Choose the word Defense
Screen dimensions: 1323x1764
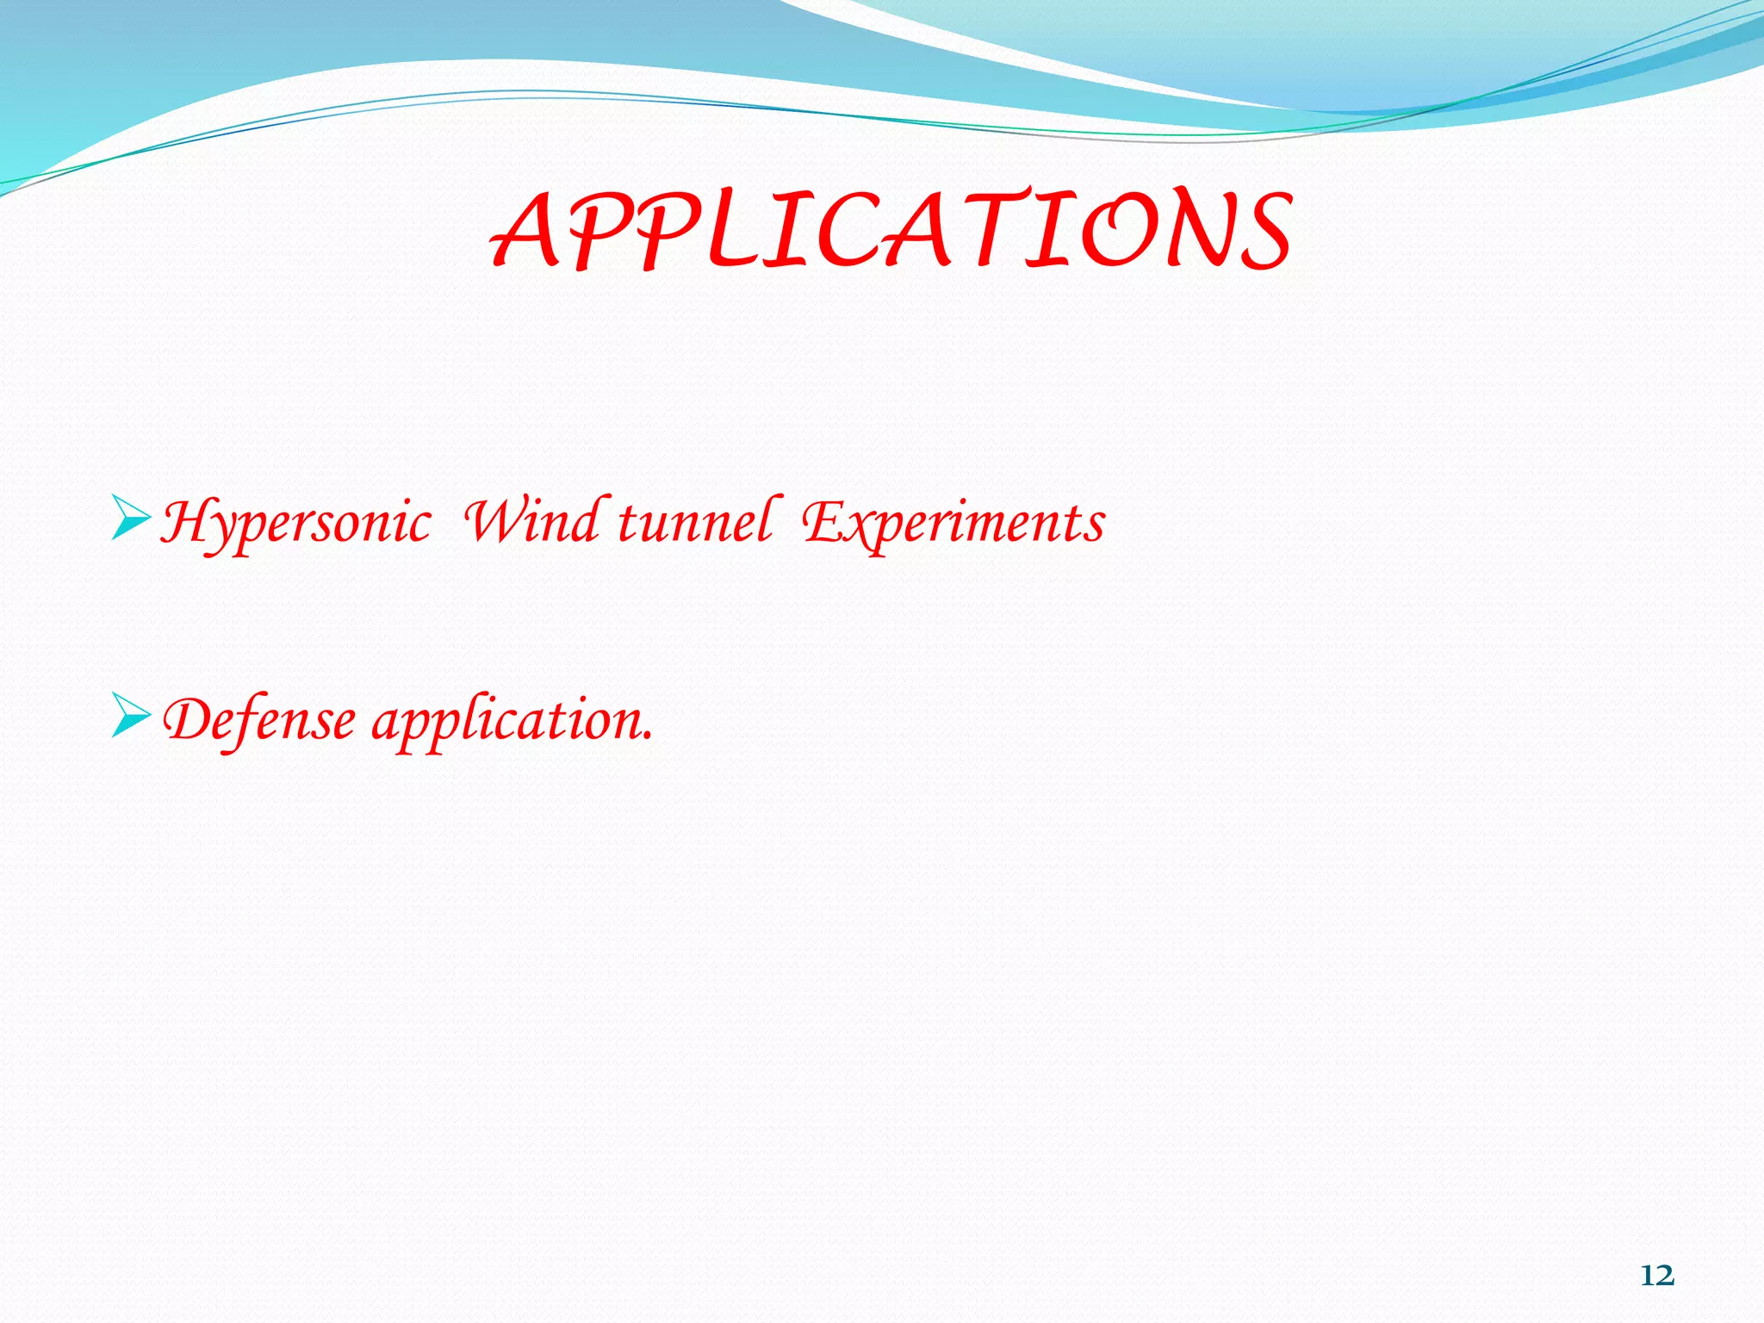point(259,720)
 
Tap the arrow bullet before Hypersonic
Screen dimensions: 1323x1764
point(131,520)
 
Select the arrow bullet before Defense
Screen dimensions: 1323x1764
point(131,718)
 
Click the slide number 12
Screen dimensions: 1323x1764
point(1657,1275)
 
